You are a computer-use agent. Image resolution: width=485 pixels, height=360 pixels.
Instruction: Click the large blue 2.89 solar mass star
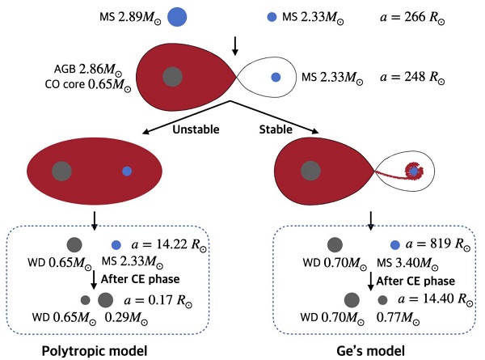pos(178,16)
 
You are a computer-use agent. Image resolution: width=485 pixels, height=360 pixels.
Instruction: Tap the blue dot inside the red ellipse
pos(127,172)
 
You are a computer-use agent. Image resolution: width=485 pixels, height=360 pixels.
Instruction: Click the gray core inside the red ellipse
pos(61,171)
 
